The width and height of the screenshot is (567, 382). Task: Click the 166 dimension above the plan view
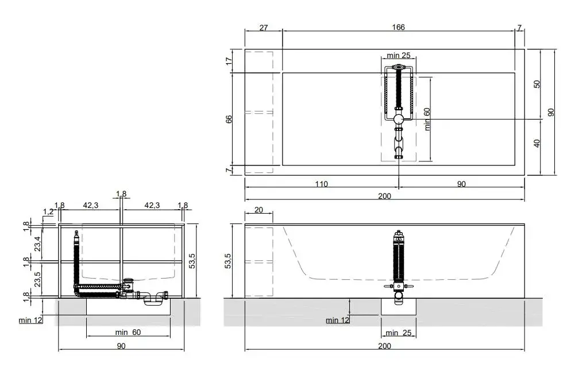[398, 27]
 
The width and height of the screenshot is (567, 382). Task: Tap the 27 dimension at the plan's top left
[264, 28]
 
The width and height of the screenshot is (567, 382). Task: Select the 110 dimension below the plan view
[321, 184]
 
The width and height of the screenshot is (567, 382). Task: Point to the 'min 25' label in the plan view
[399, 55]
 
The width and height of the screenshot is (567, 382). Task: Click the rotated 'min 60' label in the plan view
[427, 119]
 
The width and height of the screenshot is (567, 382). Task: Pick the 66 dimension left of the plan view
[229, 119]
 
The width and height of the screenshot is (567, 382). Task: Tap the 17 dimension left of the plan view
[229, 61]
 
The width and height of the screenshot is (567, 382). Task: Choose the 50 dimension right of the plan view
[537, 84]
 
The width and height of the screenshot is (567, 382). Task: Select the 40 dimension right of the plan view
[537, 143]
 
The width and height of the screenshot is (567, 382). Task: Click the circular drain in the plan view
[399, 119]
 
